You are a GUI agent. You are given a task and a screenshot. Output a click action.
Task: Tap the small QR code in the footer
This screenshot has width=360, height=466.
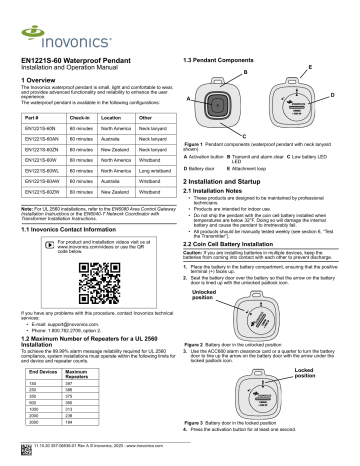click(x=25, y=462)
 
